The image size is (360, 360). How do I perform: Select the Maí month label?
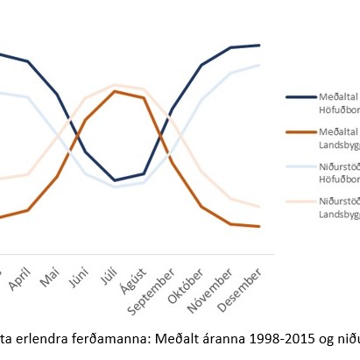pos(50,277)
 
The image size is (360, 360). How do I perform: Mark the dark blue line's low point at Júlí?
pos(114,180)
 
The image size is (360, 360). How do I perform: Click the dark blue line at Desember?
pos(258,45)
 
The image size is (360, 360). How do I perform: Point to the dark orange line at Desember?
pos(258,227)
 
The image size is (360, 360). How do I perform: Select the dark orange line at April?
pos(28,210)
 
